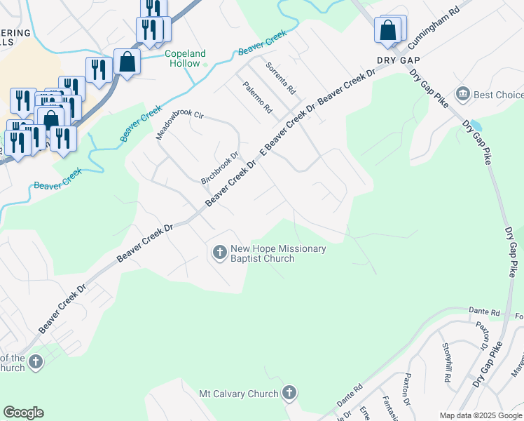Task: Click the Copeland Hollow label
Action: tap(185, 58)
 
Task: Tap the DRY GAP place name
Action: tap(397, 61)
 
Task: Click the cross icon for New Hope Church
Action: tap(219, 251)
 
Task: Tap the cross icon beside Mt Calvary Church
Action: tap(289, 394)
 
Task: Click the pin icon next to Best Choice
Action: tap(462, 94)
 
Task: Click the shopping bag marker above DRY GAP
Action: tap(387, 31)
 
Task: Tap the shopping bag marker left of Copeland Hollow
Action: tap(127, 61)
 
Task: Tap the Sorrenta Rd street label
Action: tap(281, 79)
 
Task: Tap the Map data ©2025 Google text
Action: tap(481, 415)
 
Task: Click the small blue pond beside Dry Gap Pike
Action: tap(474, 126)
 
